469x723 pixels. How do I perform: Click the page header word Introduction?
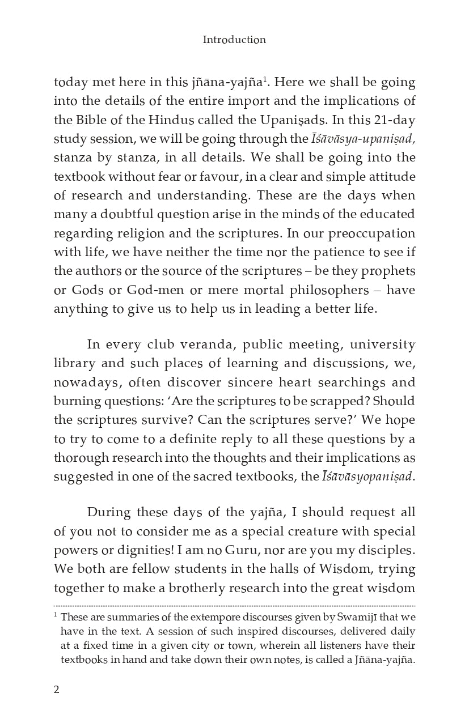(x=234, y=40)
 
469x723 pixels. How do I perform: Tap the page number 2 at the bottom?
(x=56, y=689)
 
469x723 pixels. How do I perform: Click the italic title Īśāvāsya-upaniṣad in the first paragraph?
(x=360, y=139)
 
